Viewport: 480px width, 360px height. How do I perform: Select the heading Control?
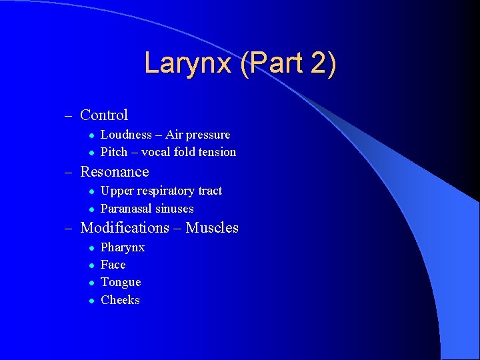coord(104,115)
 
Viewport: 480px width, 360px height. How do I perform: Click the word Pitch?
coord(114,152)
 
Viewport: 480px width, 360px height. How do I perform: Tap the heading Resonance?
coord(115,172)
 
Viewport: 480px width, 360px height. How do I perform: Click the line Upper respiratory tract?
coord(161,191)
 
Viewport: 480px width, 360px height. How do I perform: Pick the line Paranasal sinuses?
coord(147,209)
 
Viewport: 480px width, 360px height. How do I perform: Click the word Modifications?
coord(125,228)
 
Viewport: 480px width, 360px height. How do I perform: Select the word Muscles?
coord(212,228)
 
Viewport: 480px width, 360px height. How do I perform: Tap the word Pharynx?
coord(123,248)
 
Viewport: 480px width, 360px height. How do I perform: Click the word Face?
coord(113,265)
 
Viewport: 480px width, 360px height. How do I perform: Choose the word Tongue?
coord(121,282)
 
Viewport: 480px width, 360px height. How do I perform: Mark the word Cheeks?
coord(120,300)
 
